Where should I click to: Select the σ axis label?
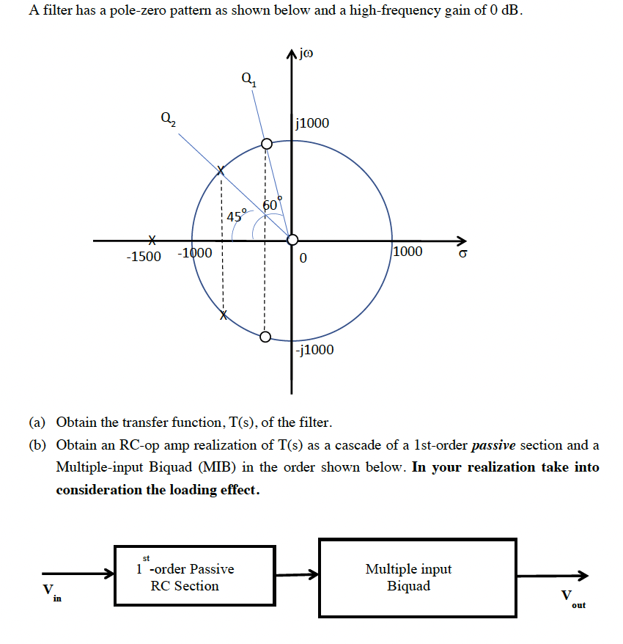pyautogui.click(x=462, y=254)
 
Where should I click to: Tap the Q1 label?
pyautogui.click(x=248, y=78)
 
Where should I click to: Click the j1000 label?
pyautogui.click(x=311, y=123)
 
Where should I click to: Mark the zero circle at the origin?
pyautogui.click(x=292, y=240)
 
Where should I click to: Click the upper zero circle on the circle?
pyautogui.click(x=266, y=144)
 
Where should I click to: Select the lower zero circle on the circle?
pyautogui.click(x=265, y=337)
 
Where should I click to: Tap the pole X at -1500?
pyautogui.click(x=152, y=240)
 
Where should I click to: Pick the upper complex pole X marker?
pyautogui.click(x=222, y=171)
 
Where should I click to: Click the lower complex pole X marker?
pyautogui.click(x=224, y=315)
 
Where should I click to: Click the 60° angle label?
pyautogui.click(x=269, y=205)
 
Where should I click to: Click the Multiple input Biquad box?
pyautogui.click(x=417, y=577)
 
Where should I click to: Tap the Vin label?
pyautogui.click(x=51, y=591)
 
